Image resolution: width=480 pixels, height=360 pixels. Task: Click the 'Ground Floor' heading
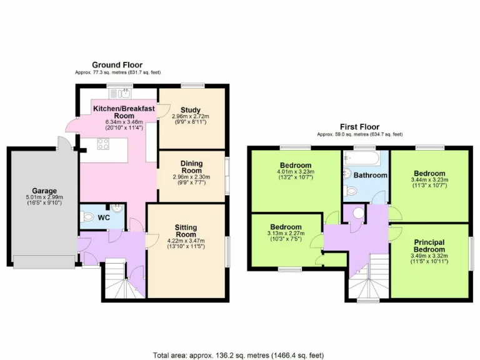(117, 65)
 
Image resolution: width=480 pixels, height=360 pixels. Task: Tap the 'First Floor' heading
(359, 127)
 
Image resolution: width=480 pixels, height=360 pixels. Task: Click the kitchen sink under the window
(119, 94)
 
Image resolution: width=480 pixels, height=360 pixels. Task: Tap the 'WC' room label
(104, 218)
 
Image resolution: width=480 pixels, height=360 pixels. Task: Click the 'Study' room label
(191, 111)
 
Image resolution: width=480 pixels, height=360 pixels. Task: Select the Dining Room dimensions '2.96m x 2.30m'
(191, 177)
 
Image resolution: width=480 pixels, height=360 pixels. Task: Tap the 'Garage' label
(44, 191)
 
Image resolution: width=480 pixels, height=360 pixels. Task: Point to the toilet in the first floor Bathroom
(347, 176)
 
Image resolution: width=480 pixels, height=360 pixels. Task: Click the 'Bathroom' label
(371, 176)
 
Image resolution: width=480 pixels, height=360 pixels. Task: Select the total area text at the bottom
(239, 353)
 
